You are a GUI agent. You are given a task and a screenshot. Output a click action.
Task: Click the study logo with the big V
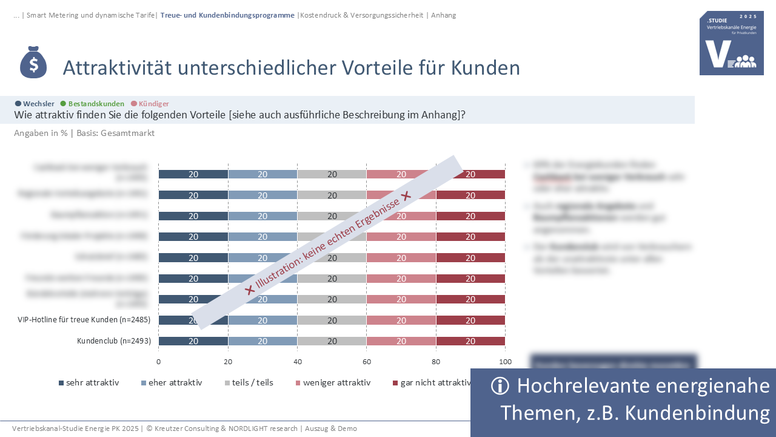[731, 43]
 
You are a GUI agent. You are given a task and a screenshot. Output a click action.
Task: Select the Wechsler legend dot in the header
[18, 104]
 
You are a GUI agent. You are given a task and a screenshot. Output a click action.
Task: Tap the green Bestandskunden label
[96, 104]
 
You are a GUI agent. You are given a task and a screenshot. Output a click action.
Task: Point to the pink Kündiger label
[153, 104]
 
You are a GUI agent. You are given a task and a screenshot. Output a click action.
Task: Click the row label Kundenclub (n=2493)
[114, 341]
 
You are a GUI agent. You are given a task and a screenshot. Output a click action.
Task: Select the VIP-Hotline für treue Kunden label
[84, 320]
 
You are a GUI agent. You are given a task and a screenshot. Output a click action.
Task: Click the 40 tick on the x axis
[297, 362]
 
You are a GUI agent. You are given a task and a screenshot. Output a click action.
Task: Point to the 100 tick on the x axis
[505, 362]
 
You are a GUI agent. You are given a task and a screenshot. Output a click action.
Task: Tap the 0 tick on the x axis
[159, 362]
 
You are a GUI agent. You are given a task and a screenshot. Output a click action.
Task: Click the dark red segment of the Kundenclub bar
[470, 341]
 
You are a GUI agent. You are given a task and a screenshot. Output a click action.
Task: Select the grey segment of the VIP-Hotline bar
[332, 320]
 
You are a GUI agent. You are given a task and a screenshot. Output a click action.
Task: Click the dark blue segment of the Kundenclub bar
[193, 341]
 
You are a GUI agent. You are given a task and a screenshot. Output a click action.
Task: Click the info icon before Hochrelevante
[500, 386]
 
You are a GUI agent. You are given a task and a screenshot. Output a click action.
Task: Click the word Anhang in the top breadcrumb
[443, 15]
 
